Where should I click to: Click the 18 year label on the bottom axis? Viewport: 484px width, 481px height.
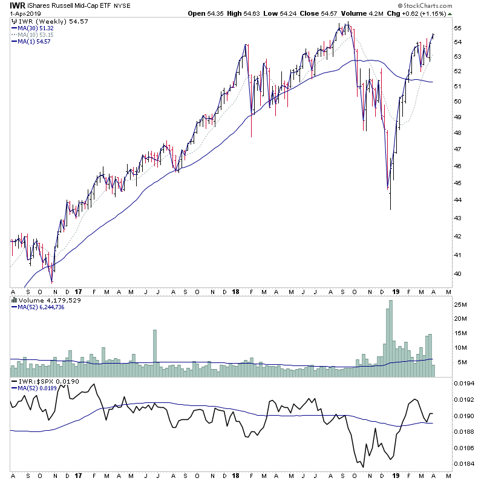point(235,476)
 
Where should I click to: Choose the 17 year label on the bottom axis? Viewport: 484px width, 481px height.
point(78,476)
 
